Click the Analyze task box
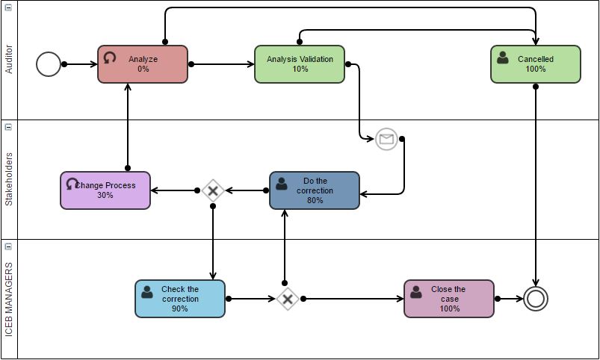coord(143,64)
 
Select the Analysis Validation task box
coord(300,64)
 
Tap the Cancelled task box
coord(535,64)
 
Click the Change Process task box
coord(105,190)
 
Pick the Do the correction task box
coord(315,190)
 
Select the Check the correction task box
coord(180,299)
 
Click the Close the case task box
coord(449,299)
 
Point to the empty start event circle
coord(49,64)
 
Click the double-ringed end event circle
coord(536,299)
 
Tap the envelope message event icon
coord(386,139)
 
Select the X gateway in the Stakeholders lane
coord(213,190)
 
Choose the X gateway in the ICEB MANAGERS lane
coord(288,299)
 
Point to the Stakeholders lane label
coord(9,179)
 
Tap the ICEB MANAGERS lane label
coord(9,299)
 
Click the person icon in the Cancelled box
coord(503,58)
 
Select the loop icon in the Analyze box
coord(110,58)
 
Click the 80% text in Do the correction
coord(315,200)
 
